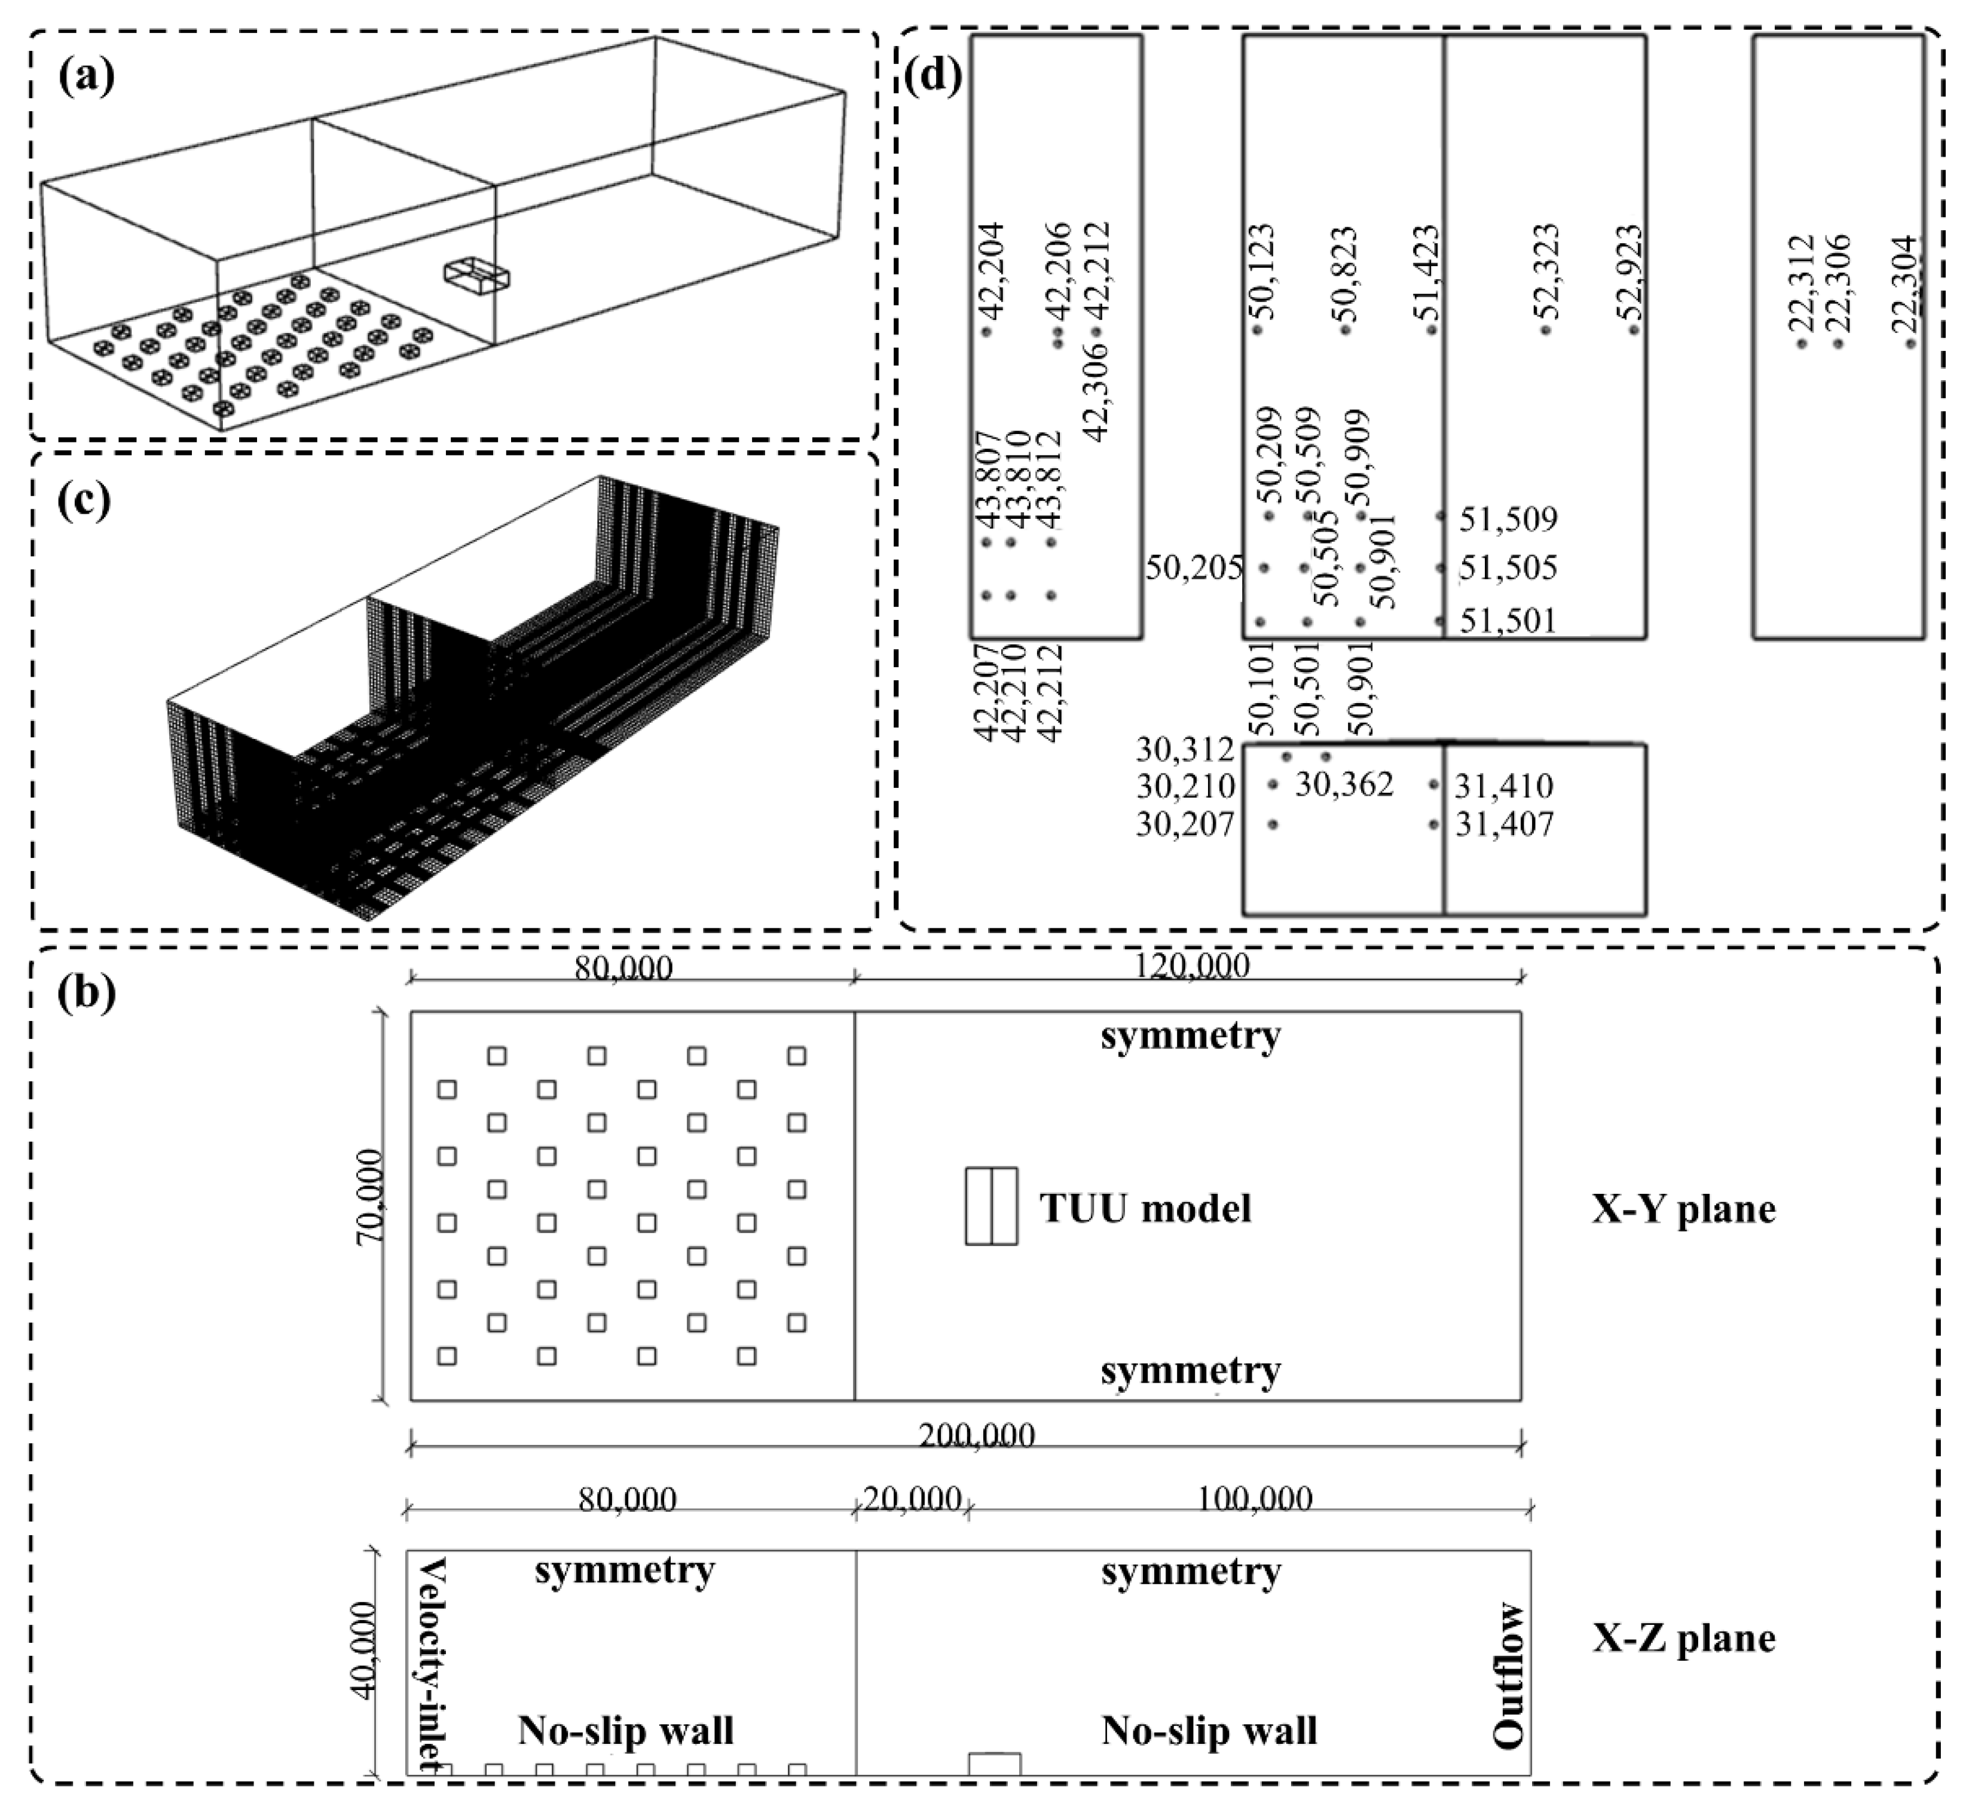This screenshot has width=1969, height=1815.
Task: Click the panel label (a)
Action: click(x=87, y=75)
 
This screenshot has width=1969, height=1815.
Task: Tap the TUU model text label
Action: click(x=1145, y=1208)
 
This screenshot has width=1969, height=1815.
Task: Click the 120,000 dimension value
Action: click(x=1191, y=967)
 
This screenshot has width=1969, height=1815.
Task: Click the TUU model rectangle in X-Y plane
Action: click(x=991, y=1206)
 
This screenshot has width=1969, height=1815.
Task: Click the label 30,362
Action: click(x=1343, y=785)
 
